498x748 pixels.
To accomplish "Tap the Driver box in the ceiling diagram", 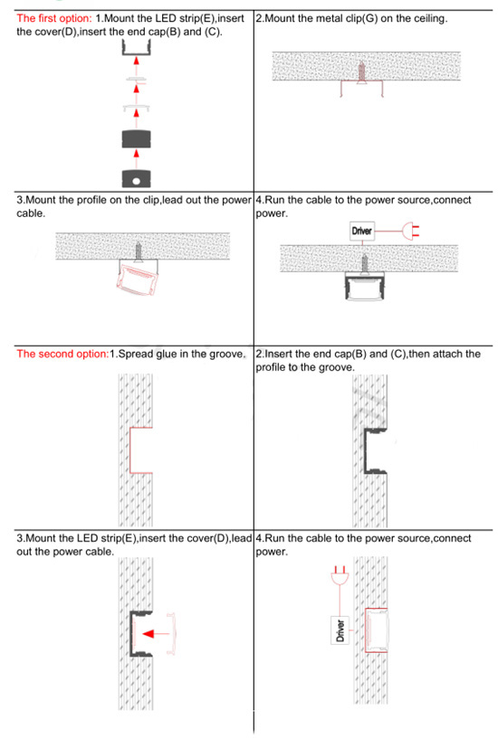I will click(361, 232).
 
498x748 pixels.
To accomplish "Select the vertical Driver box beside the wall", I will click(340, 628).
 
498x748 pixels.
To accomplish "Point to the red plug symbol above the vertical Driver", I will click(340, 574).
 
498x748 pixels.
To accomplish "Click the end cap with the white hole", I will click(135, 176).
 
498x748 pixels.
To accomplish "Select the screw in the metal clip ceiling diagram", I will click(362, 71).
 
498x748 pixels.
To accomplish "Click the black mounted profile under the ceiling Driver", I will click(361, 287).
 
